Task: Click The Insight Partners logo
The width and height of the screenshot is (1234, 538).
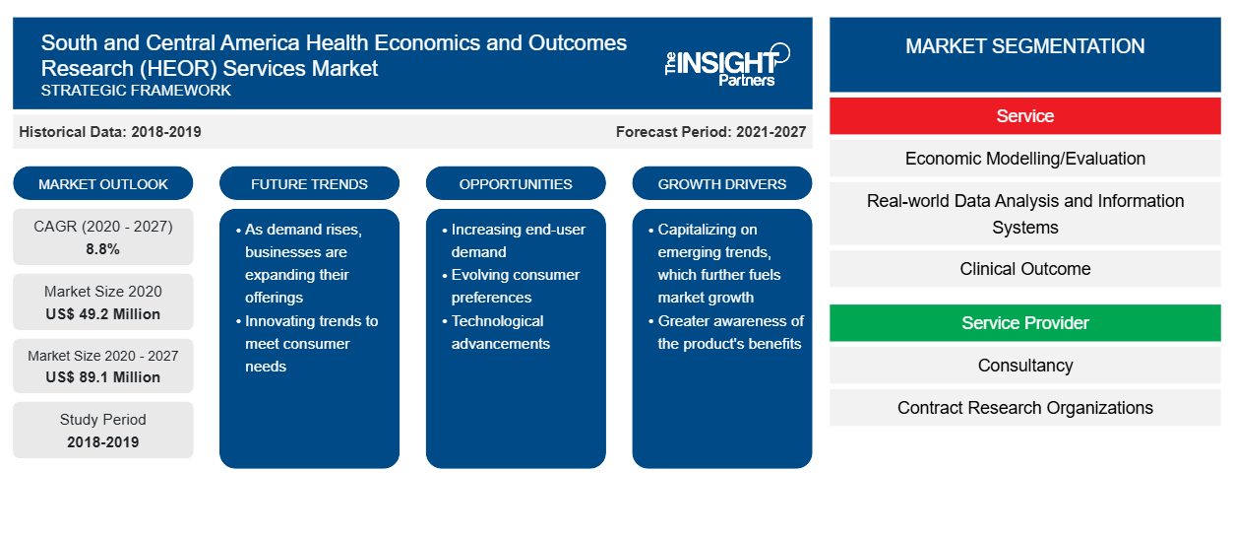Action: pos(727,65)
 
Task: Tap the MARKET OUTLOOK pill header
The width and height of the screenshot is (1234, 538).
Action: pos(103,183)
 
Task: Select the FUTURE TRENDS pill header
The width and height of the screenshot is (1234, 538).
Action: pos(309,183)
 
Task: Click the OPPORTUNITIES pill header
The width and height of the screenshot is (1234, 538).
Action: pos(516,183)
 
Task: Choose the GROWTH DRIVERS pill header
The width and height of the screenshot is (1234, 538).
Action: pos(721,183)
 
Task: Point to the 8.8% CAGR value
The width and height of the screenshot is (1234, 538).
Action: pos(103,249)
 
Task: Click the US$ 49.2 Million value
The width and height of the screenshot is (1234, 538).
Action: pos(103,314)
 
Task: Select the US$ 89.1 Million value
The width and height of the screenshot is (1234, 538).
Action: pos(103,377)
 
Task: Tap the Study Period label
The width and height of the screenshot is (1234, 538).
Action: pos(103,420)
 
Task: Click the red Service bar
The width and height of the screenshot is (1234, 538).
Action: pos(1025,116)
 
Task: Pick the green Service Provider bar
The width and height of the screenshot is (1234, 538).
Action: pos(1025,323)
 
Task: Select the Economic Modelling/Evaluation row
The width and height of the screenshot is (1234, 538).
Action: pos(1025,159)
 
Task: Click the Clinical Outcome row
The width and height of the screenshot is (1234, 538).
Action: pos(1025,269)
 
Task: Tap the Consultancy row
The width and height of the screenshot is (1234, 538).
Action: pos(1025,366)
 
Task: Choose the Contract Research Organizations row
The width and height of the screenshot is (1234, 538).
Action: pos(1025,408)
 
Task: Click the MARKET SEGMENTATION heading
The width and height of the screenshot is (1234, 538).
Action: pos(1025,46)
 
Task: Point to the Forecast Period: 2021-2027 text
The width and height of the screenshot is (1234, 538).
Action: pos(710,132)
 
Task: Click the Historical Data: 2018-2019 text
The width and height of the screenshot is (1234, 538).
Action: pos(110,132)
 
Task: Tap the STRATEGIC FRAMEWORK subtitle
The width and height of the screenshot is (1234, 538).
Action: pos(136,91)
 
